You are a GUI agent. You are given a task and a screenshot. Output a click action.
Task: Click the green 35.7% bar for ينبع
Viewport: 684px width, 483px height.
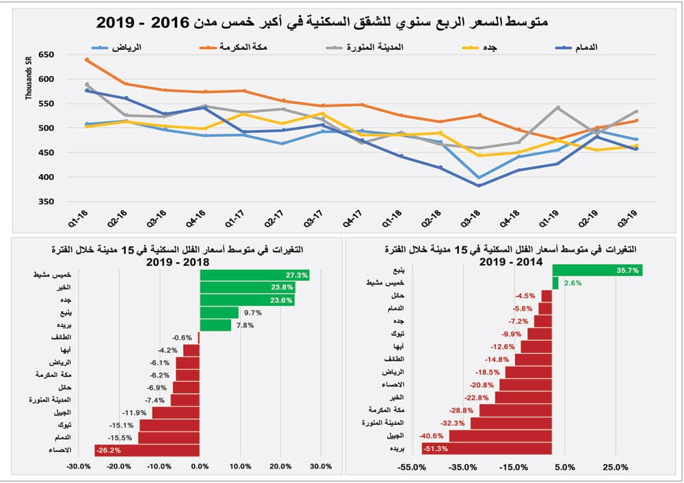596,270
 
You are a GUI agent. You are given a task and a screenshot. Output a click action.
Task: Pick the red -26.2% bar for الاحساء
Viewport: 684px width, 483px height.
147,450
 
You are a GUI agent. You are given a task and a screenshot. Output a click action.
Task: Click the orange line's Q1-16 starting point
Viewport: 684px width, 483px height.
87,60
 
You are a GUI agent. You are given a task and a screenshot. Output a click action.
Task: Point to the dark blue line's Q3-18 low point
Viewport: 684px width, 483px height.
479,185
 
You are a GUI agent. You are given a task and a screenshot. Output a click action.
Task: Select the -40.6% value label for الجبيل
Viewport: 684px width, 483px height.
434,435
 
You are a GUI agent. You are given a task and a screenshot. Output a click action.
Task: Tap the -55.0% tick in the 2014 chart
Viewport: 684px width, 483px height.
412,467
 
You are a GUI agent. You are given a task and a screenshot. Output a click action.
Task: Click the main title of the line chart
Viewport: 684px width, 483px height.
321,21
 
